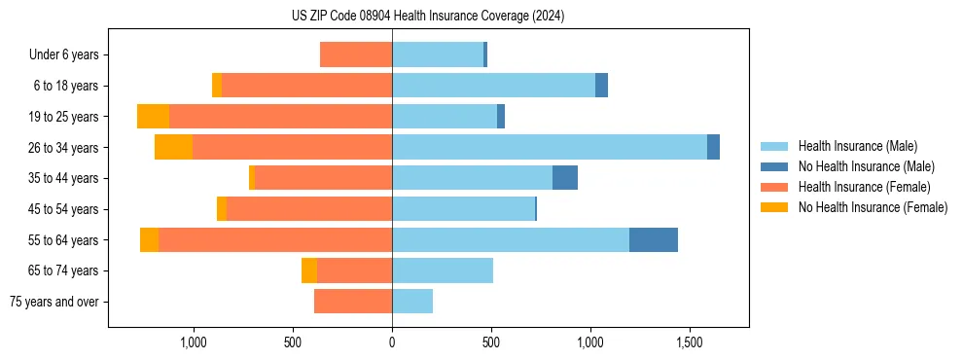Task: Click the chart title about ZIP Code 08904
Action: pyautogui.click(x=427, y=17)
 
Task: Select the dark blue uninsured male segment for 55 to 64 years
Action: pyautogui.click(x=653, y=239)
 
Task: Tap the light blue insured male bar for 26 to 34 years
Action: pyautogui.click(x=549, y=147)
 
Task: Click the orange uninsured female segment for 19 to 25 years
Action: pyautogui.click(x=153, y=117)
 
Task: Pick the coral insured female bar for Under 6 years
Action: pyautogui.click(x=356, y=54)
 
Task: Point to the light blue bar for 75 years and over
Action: pyautogui.click(x=412, y=302)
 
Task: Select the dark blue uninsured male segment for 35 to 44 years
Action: pyautogui.click(x=565, y=178)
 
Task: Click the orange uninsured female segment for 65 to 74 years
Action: pyautogui.click(x=309, y=270)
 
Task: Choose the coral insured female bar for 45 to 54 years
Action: pyautogui.click(x=309, y=209)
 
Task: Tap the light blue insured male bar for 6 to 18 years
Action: pyautogui.click(x=493, y=86)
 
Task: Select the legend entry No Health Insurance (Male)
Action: pyautogui.click(x=866, y=166)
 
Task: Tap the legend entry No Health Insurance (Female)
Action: pyautogui.click(x=873, y=207)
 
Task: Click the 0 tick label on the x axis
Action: pyautogui.click(x=392, y=343)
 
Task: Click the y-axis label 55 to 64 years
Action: pyautogui.click(x=66, y=239)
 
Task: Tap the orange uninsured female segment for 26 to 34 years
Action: pyautogui.click(x=173, y=147)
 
